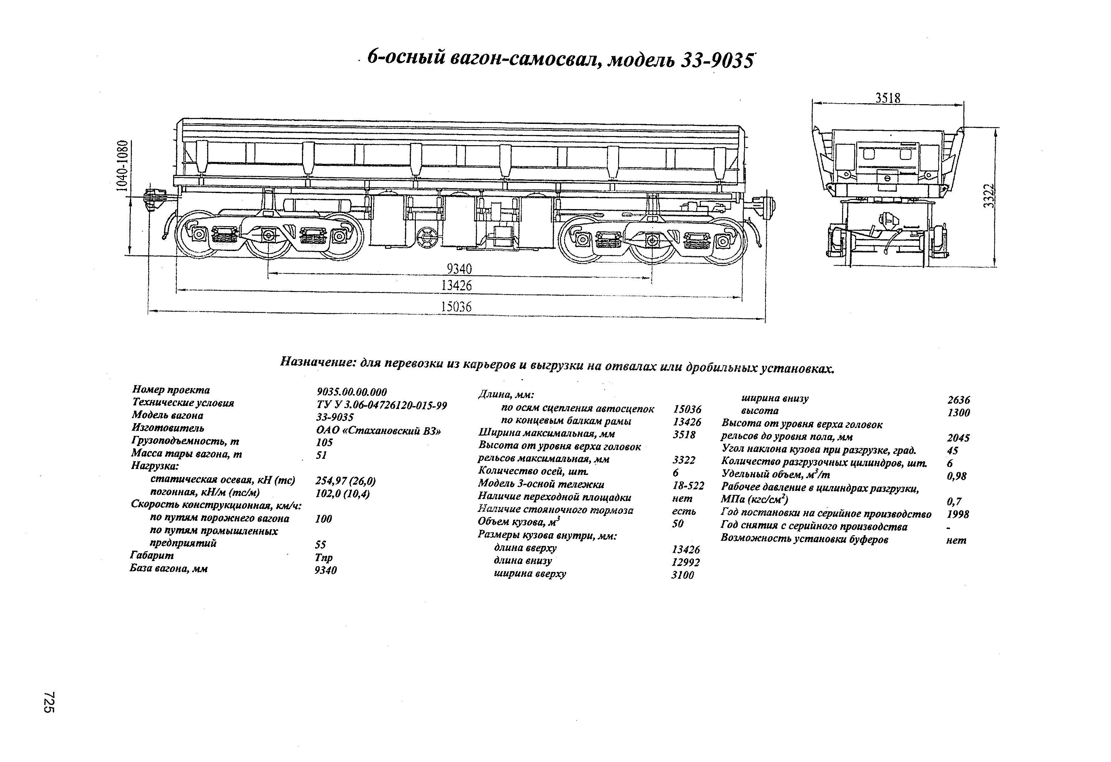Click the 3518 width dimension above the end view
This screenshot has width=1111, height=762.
tap(887, 98)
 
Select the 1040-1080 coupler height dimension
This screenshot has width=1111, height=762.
tap(123, 165)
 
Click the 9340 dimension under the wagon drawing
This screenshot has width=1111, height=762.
tap(459, 269)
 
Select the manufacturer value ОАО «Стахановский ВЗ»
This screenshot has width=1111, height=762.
tap(378, 430)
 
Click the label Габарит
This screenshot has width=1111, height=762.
tap(152, 556)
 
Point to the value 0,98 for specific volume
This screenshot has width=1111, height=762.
tap(957, 476)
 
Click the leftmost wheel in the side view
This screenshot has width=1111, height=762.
tap(198, 235)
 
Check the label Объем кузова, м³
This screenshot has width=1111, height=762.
tap(519, 523)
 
